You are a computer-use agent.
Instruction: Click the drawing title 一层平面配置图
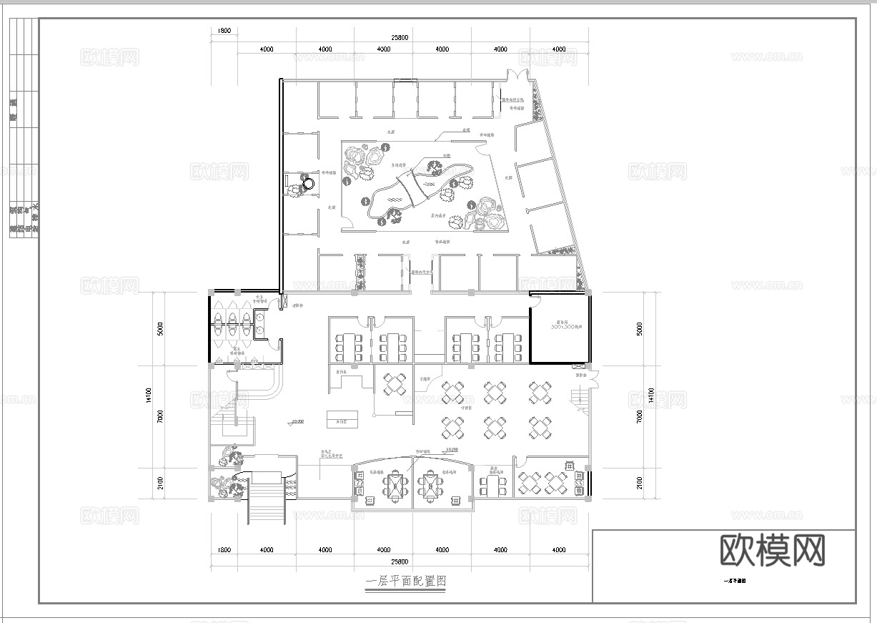pos(406,582)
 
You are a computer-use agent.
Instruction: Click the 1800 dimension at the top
pos(224,31)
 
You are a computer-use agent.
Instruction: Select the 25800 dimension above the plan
pos(400,36)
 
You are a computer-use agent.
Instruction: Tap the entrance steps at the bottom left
pos(267,504)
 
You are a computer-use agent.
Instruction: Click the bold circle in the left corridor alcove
pos(308,184)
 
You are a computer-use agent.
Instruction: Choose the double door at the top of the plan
pos(515,76)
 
